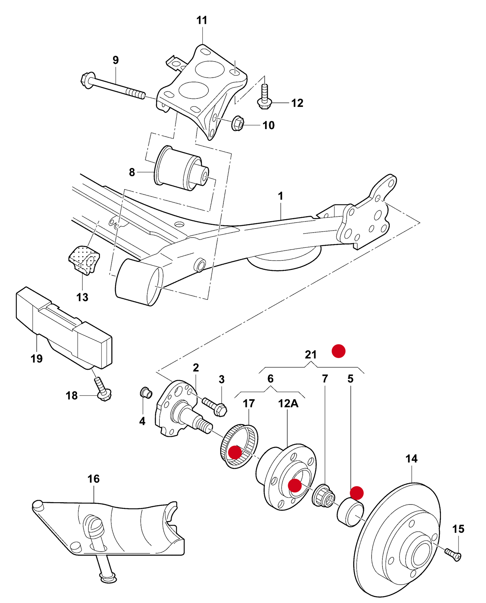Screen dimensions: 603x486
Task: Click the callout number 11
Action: click(202, 21)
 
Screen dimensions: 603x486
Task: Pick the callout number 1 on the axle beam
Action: click(281, 196)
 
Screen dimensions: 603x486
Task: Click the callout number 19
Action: click(37, 359)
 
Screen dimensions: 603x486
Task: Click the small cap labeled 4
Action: click(146, 392)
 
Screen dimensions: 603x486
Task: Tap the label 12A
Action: click(288, 403)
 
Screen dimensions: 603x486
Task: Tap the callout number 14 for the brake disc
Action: click(411, 459)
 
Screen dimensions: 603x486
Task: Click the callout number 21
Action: click(311, 355)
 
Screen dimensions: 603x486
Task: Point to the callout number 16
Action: click(94, 479)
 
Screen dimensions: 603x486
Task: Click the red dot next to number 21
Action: click(338, 351)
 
